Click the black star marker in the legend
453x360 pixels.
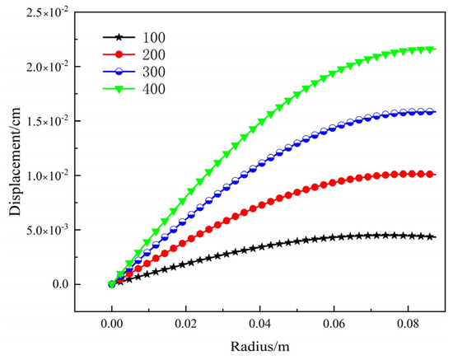tap(119, 37)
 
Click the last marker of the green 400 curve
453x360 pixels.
tap(432, 49)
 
